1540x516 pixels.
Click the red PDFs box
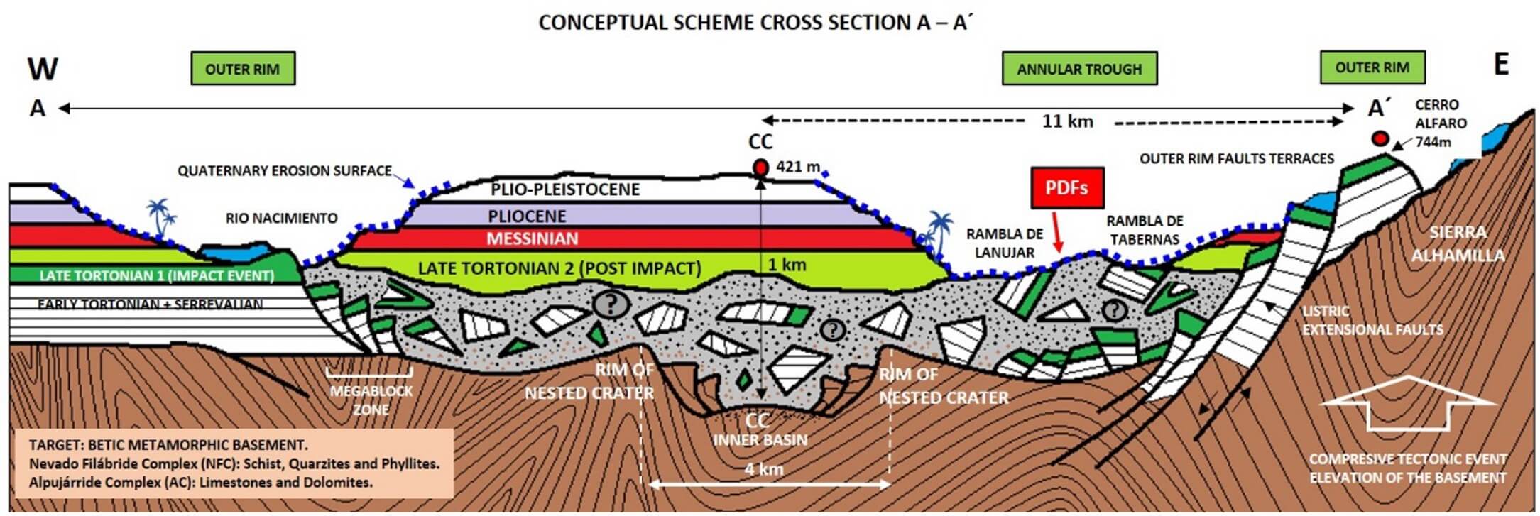1066,188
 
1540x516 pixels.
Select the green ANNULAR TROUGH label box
1079,69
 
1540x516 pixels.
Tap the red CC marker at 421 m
760,168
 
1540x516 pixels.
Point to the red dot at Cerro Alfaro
1379,138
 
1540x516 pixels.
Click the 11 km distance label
1067,121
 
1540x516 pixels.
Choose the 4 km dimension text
764,469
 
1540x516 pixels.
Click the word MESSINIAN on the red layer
532,238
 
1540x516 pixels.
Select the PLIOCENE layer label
527,216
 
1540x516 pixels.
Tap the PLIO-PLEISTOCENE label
565,190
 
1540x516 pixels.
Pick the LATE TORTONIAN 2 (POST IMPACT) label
559,268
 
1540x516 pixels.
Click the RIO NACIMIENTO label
281,218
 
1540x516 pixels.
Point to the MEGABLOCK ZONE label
371,400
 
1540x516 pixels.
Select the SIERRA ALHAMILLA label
1457,243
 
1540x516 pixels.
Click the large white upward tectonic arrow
1408,404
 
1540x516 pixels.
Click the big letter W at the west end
43,70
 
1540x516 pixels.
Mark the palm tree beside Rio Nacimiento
161,217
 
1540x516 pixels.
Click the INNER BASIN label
760,440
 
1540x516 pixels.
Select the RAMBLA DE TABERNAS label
1145,230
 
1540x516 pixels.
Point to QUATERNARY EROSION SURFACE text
284,171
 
